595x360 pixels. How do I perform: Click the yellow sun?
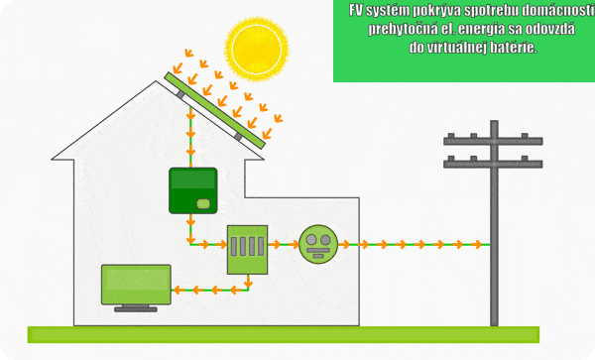[257, 49]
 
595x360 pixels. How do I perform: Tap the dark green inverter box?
[193, 190]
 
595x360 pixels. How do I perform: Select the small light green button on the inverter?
[203, 203]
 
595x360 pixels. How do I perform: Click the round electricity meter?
[318, 244]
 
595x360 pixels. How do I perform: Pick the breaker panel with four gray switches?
[247, 250]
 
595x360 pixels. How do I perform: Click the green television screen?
[136, 285]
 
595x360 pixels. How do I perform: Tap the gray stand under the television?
[136, 308]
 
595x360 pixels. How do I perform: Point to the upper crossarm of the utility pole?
[493, 141]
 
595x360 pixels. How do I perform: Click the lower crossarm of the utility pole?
[493, 164]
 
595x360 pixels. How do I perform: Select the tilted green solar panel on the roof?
[215, 110]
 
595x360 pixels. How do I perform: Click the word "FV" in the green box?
[356, 11]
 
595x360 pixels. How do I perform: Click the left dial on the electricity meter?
[311, 239]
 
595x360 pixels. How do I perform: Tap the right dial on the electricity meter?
[325, 239]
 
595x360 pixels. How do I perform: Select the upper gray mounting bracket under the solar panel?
[180, 94]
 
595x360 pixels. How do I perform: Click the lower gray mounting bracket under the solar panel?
[238, 137]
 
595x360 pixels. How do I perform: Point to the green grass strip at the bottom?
[284, 334]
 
